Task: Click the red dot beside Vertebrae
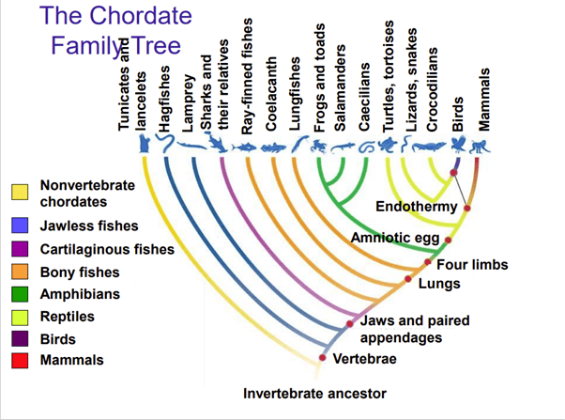tap(322, 358)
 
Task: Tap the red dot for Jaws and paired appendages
tap(350, 323)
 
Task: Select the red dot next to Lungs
tap(408, 279)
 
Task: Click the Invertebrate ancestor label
tap(315, 393)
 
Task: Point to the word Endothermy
tap(414, 206)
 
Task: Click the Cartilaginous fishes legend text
tap(107, 249)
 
